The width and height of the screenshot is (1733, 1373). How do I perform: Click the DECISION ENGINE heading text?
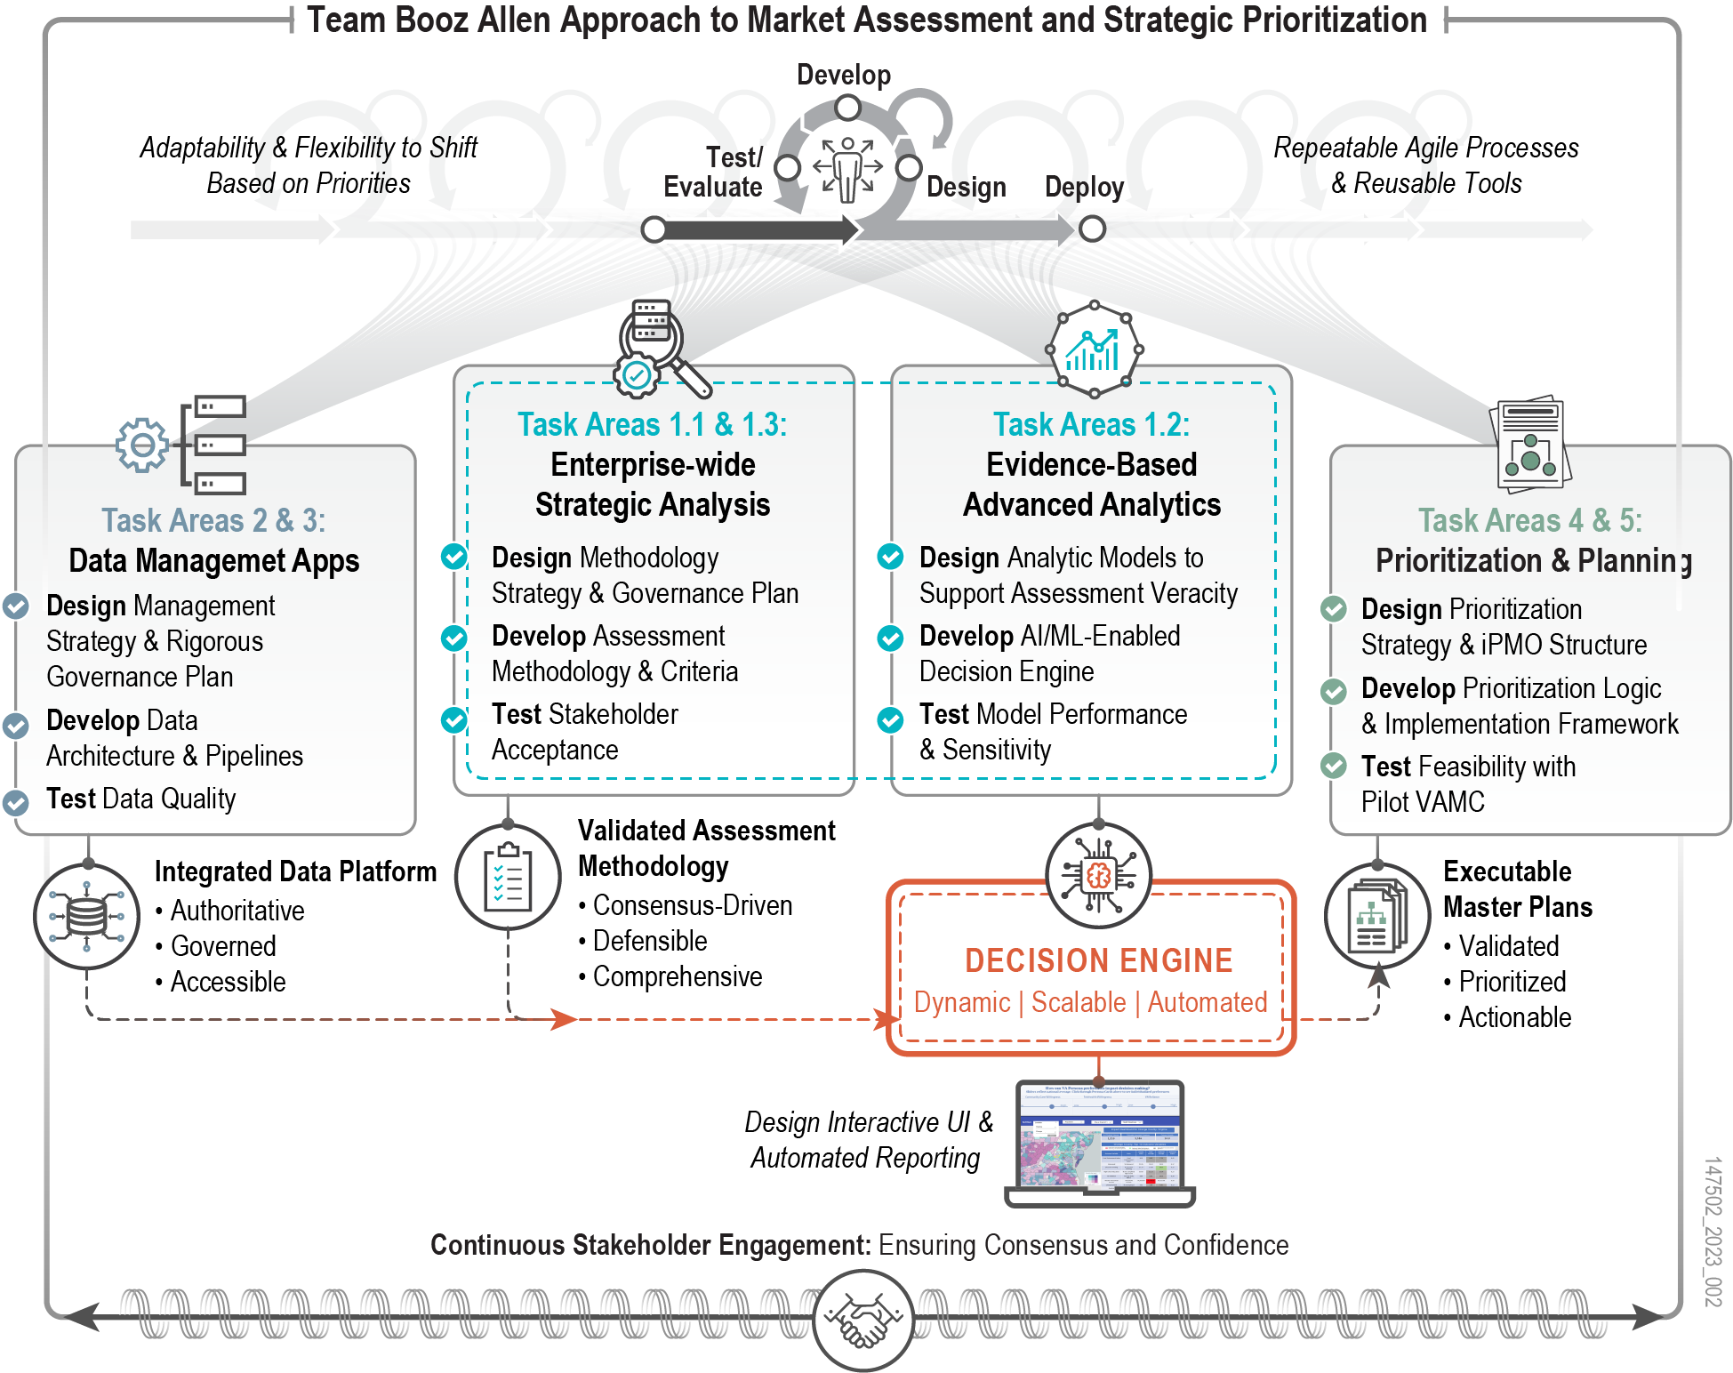(x=1098, y=960)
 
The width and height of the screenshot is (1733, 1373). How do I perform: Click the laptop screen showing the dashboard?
(x=1100, y=1136)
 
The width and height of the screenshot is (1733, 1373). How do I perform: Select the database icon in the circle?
(x=86, y=916)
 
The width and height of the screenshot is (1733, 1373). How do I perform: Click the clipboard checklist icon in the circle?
(x=508, y=877)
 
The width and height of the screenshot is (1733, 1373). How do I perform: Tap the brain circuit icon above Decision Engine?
(x=1098, y=876)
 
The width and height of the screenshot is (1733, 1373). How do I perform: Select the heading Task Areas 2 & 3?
(x=213, y=520)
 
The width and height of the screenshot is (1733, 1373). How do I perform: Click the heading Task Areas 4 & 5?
(x=1529, y=520)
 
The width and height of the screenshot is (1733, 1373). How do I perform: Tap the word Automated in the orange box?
(x=1207, y=1002)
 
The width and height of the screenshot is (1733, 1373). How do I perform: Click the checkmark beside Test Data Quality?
(x=15, y=802)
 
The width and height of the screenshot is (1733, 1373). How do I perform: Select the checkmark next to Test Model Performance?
(x=890, y=719)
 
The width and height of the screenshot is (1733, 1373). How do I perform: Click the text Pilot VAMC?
(x=1423, y=802)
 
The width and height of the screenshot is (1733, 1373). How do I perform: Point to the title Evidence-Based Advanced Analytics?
(x=1092, y=485)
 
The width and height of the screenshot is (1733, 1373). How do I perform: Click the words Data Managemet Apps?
(x=213, y=561)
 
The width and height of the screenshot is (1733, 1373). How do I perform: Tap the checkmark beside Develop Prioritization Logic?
(x=1333, y=691)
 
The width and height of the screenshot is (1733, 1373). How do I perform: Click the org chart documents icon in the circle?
(x=1377, y=916)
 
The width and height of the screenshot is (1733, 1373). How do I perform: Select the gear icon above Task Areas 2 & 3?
(x=142, y=445)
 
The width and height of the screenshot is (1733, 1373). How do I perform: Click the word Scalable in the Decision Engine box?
(x=1078, y=1002)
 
